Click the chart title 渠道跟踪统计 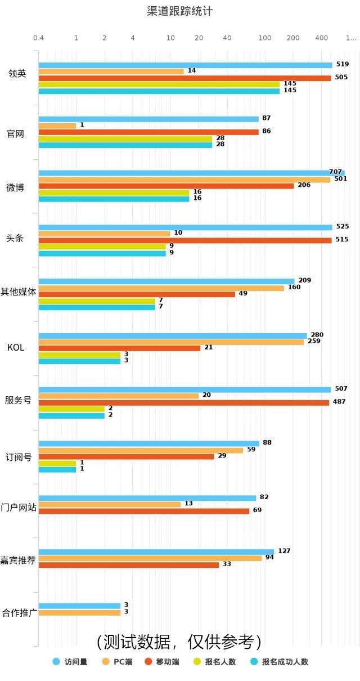click(x=179, y=11)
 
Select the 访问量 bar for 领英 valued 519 click(x=185, y=65)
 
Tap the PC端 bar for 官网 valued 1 click(x=57, y=126)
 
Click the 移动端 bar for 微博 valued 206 click(x=166, y=186)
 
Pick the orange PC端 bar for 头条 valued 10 click(x=104, y=234)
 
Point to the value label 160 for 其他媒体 click(x=294, y=287)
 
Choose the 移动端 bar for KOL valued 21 click(x=119, y=348)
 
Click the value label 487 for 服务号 click(x=339, y=402)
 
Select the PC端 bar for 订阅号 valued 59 click(x=141, y=450)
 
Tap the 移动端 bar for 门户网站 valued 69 click(x=143, y=511)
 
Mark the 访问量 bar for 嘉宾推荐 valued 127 click(x=156, y=552)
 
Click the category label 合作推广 click(x=20, y=613)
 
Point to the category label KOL click(x=16, y=347)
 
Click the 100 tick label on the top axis click(x=264, y=38)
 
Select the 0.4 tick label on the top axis click(x=38, y=38)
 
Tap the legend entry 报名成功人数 click(x=279, y=661)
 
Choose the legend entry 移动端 click(x=162, y=661)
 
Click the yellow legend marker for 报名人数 click(x=197, y=661)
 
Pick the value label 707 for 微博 click(x=335, y=172)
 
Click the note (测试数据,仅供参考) click(x=179, y=642)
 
